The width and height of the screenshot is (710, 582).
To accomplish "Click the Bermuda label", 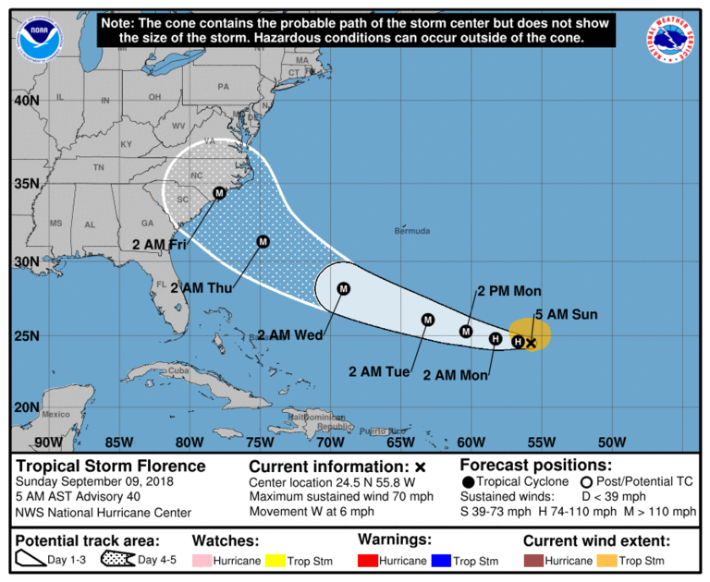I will (x=411, y=230).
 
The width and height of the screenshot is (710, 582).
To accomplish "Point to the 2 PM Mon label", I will (x=508, y=291).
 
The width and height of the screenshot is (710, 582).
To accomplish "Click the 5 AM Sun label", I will (x=566, y=314).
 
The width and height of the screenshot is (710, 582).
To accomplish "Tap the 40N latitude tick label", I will (x=27, y=100).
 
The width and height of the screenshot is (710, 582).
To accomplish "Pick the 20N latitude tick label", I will (x=27, y=407).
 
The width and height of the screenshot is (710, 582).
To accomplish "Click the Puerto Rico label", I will (x=377, y=430).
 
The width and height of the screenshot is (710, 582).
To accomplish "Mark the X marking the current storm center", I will (x=531, y=343).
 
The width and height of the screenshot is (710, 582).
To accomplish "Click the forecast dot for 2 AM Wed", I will (x=344, y=288).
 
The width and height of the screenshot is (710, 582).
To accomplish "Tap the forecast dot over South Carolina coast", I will (x=219, y=193).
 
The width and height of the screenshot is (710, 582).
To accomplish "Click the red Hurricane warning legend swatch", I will (x=373, y=561).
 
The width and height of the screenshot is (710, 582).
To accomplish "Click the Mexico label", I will (x=55, y=414).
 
